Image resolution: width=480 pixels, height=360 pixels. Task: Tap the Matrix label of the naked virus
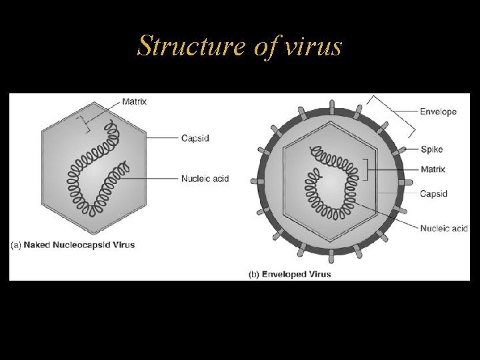[x=134, y=102]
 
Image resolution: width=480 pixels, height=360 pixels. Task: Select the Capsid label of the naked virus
[x=197, y=139]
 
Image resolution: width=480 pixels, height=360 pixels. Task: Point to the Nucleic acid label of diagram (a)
[x=205, y=179]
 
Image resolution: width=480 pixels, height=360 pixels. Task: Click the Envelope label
[x=438, y=111]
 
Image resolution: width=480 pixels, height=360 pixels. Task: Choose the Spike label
[x=431, y=149]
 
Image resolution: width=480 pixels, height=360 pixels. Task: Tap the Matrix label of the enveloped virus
[x=433, y=169]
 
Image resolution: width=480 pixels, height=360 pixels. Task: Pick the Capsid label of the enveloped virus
[x=433, y=194]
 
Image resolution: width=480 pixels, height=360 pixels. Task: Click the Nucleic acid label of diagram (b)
[x=443, y=229]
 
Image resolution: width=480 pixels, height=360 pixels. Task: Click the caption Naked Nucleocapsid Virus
[x=79, y=245]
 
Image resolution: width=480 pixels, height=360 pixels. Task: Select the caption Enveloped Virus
[x=296, y=274]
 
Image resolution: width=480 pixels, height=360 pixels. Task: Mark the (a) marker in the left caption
[x=16, y=245]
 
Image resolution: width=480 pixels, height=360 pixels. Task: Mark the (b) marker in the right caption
[x=253, y=274]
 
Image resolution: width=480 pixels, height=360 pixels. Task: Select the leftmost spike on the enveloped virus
[x=254, y=181]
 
